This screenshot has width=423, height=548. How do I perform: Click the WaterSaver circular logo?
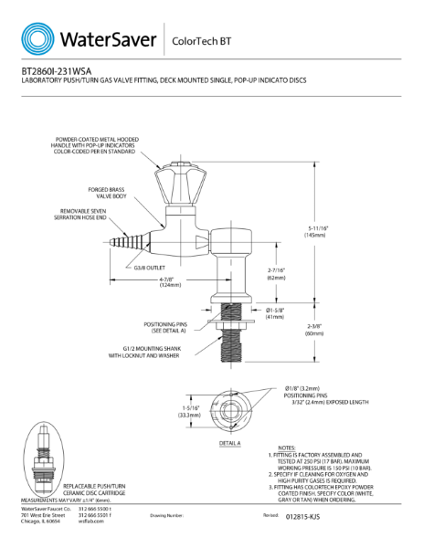pos(37,38)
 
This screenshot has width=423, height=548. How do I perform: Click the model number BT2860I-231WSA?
pos(54,70)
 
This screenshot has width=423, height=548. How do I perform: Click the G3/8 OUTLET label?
pos(148,268)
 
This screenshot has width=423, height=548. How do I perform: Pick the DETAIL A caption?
pos(230,442)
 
